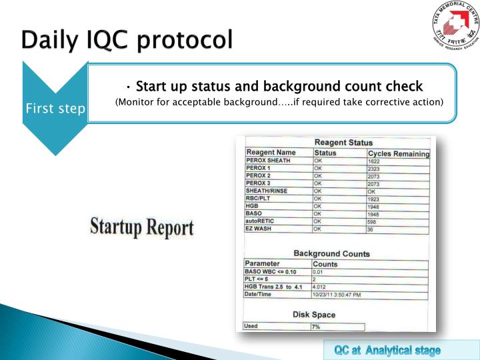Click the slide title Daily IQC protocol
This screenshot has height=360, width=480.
tap(127, 40)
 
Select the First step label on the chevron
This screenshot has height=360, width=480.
tap(55, 109)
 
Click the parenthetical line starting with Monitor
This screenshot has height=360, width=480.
tap(279, 102)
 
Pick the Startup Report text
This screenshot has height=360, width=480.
tap(142, 227)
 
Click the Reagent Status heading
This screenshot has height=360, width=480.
tap(343, 143)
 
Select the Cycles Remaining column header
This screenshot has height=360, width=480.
tap(398, 153)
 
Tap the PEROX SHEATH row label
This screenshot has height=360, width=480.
tap(269, 161)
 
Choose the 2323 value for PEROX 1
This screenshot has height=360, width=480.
tap(375, 169)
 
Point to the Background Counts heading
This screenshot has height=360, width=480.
tap(331, 253)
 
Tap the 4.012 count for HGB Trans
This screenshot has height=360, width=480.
tap(321, 287)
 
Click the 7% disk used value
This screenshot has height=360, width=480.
tap(316, 327)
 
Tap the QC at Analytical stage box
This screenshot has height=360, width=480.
tap(387, 349)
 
